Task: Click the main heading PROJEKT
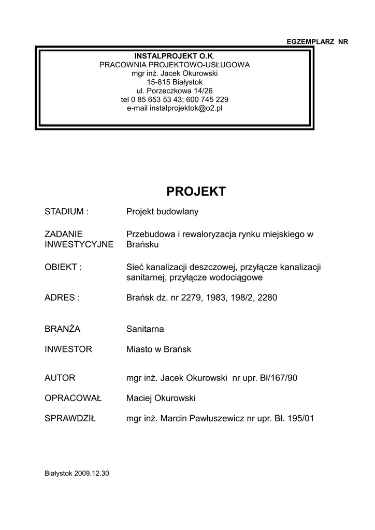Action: (x=196, y=192)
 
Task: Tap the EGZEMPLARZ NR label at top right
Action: (x=317, y=41)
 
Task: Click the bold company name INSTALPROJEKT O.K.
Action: (x=174, y=56)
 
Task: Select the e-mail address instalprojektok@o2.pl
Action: (x=186, y=108)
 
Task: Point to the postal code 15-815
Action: (x=156, y=82)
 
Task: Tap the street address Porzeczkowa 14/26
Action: (x=182, y=91)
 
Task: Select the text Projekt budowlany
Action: (x=163, y=212)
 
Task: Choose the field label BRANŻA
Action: (x=62, y=329)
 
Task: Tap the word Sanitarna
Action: (x=145, y=329)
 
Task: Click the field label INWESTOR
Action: (x=68, y=349)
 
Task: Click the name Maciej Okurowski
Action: (x=161, y=398)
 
